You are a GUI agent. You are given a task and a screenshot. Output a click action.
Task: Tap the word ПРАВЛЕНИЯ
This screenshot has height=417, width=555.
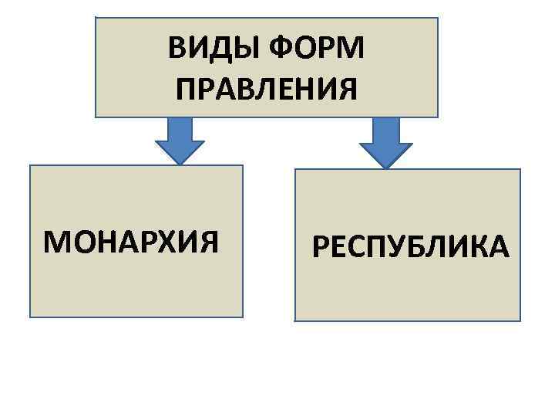[x=266, y=90]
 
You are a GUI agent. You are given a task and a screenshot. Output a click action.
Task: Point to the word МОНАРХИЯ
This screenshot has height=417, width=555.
[x=132, y=242]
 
